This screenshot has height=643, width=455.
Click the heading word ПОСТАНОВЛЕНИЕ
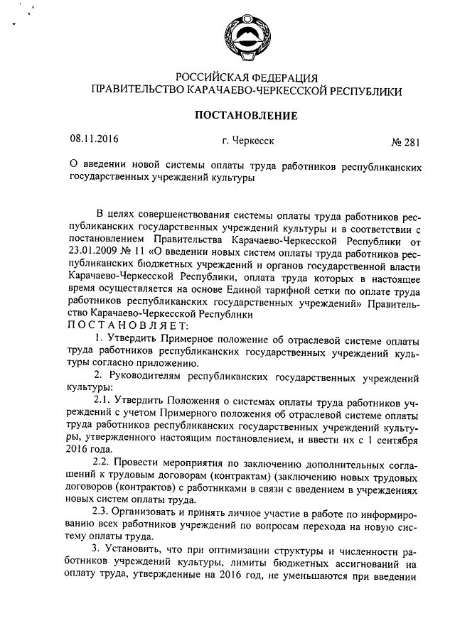(x=246, y=115)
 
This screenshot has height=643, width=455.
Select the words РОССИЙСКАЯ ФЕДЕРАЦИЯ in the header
(x=246, y=77)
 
